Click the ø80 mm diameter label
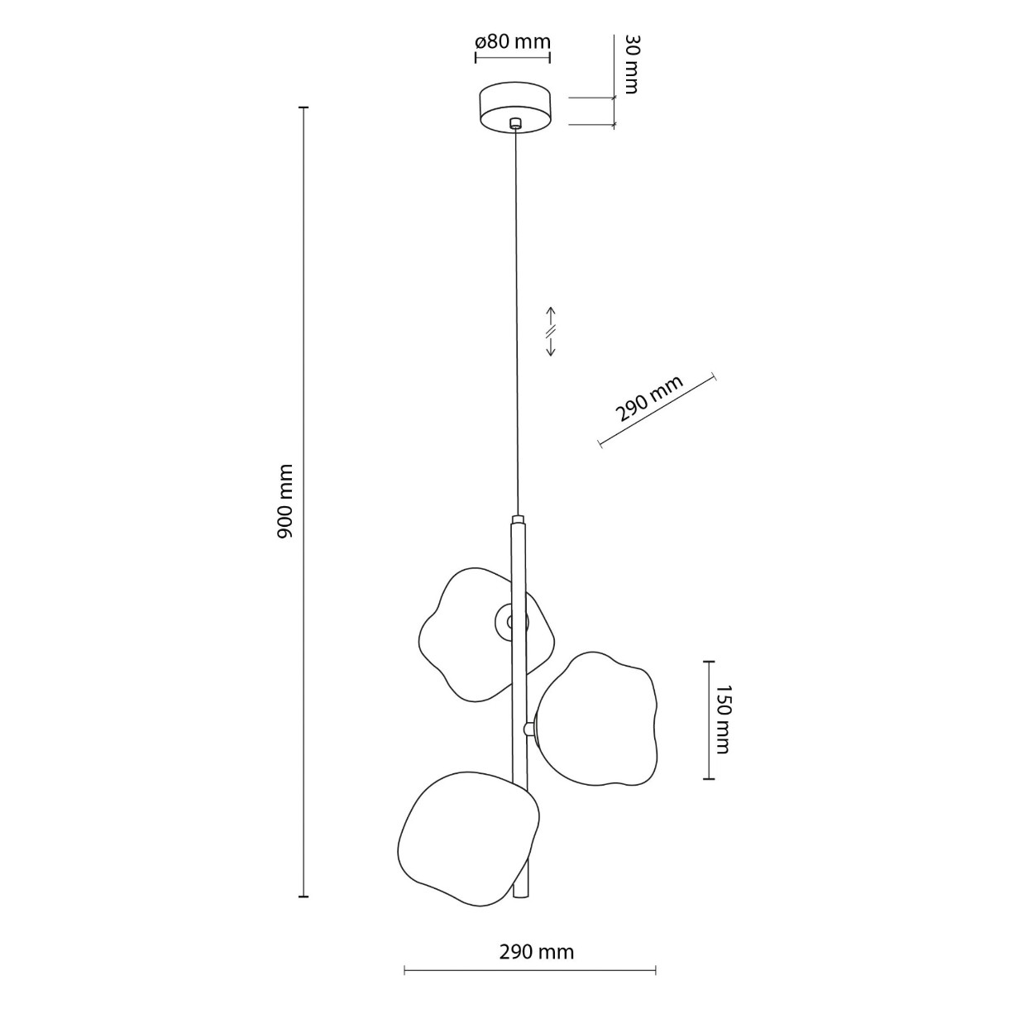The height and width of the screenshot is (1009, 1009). point(513,41)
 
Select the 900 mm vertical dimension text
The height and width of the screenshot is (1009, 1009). point(286,500)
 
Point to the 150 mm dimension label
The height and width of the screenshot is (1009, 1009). point(722,719)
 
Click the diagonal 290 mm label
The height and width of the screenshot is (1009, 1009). point(650,398)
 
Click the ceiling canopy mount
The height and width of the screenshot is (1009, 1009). point(515,108)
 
